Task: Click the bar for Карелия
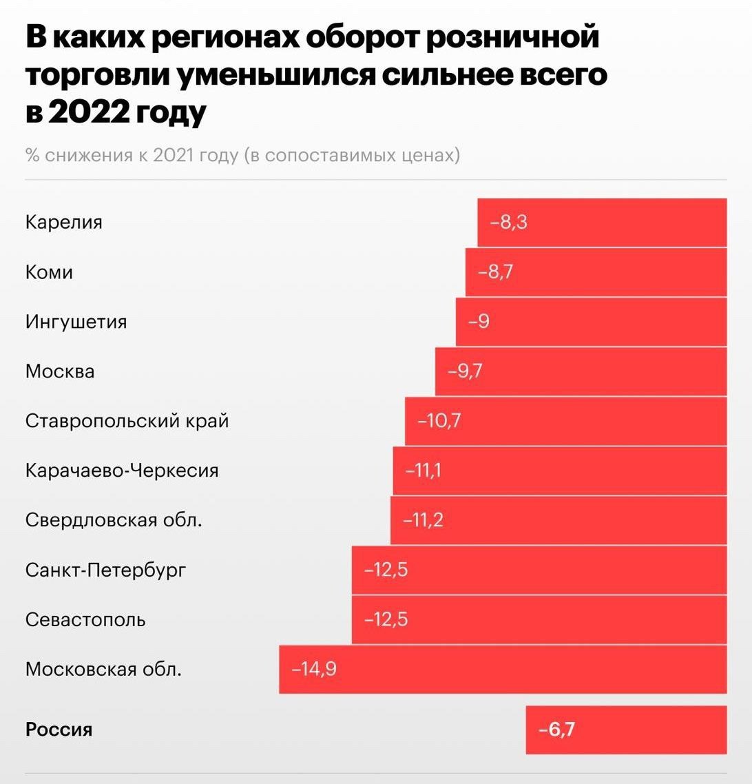603,223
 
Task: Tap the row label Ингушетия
76,322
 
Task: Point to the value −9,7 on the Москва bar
466,371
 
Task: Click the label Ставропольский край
127,421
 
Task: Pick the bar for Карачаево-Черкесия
560,471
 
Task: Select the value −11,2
423,520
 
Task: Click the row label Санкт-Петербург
106,570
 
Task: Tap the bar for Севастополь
539,619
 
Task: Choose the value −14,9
315,669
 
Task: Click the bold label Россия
59,730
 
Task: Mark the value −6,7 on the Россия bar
556,730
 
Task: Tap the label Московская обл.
104,669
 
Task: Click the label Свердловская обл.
114,520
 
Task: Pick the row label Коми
49,272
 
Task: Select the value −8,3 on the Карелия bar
509,223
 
